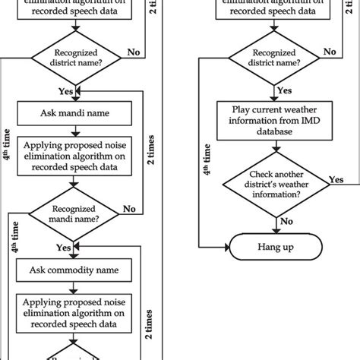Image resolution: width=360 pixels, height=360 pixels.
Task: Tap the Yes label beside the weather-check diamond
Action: coord(334,181)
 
